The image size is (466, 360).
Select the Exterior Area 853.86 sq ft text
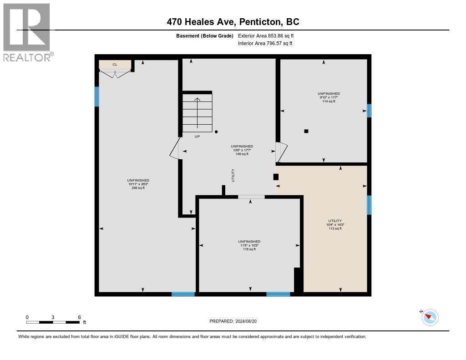click(269, 36)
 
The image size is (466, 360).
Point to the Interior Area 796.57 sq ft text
click(265, 44)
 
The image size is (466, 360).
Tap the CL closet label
click(115, 65)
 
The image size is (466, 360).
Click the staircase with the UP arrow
click(197, 112)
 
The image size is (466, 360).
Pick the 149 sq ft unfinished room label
click(242, 150)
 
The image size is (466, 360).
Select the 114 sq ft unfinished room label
click(329, 97)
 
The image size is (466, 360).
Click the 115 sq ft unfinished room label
click(249, 245)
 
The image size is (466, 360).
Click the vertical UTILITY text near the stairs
click(233, 175)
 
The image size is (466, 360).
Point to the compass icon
click(430, 317)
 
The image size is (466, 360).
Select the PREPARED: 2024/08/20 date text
click(233, 321)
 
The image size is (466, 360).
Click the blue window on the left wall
click(96, 96)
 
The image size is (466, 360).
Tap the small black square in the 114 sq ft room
click(306, 131)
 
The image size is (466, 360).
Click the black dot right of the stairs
click(216, 132)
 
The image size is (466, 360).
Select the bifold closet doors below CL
click(116, 73)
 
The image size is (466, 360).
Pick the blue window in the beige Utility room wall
click(369, 205)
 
